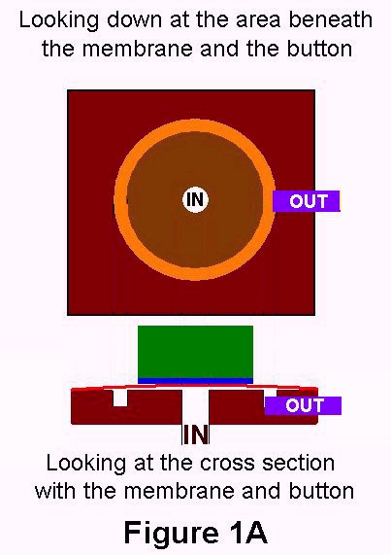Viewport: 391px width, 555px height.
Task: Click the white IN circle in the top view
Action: click(195, 199)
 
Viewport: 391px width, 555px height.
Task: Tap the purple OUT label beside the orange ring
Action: click(307, 201)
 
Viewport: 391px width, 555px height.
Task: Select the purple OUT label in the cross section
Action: click(303, 405)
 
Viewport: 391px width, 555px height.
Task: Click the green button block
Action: click(195, 352)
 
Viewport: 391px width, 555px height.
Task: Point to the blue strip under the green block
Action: click(195, 381)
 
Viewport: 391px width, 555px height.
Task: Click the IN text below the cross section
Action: click(196, 434)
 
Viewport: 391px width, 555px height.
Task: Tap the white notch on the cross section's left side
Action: click(120, 399)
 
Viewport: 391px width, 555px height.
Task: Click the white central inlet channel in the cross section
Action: click(196, 406)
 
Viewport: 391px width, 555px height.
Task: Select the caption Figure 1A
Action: click(195, 533)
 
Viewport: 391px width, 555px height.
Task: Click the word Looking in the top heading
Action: click(58, 20)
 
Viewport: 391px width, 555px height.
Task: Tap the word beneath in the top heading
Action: click(331, 19)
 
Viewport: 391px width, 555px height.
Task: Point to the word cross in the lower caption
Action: click(227, 464)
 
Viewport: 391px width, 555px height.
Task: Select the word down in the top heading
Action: click(135, 19)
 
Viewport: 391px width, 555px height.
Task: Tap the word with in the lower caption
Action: click(55, 491)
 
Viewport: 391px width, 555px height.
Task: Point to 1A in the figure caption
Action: click(248, 533)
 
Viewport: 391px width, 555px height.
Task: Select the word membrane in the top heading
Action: click(138, 49)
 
